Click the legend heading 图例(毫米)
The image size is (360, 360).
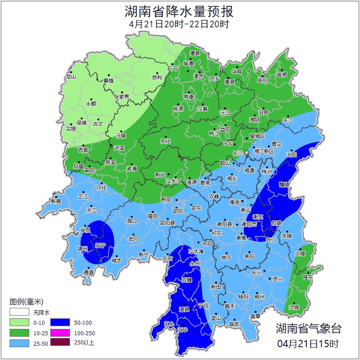click(x=26, y=302)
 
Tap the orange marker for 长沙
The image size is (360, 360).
click(x=247, y=152)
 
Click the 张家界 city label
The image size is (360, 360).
click(x=122, y=97)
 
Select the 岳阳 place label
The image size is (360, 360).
click(x=262, y=81)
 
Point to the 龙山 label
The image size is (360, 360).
click(x=70, y=77)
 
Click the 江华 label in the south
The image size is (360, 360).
click(x=183, y=329)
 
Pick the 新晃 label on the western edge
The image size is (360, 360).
click(x=56, y=201)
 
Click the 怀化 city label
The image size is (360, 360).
click(x=102, y=188)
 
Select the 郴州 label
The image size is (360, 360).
click(x=259, y=297)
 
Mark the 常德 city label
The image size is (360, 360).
click(x=188, y=97)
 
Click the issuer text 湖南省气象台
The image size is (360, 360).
click(x=308, y=328)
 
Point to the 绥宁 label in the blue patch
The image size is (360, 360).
click(x=100, y=246)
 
